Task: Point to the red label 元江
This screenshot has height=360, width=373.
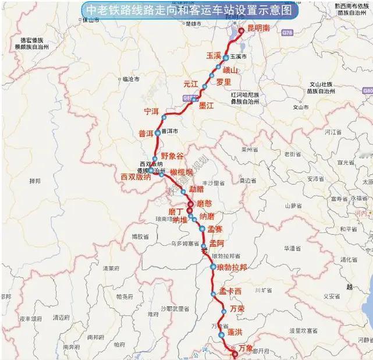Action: point(191,84)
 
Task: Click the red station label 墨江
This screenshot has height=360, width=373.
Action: point(207,105)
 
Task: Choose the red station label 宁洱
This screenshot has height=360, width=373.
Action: point(151,111)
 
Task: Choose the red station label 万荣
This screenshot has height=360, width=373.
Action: point(237,308)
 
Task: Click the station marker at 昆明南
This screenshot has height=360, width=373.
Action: point(242,31)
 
